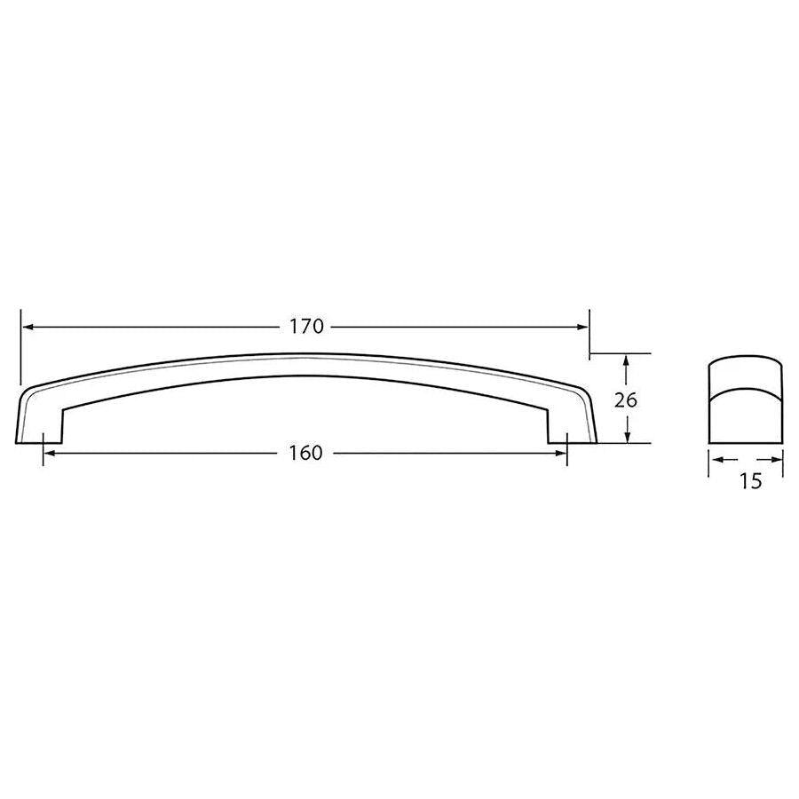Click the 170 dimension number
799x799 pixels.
click(x=305, y=327)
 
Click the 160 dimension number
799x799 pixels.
click(x=305, y=453)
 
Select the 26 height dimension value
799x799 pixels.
click(x=626, y=399)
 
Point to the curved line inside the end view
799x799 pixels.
click(x=746, y=387)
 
